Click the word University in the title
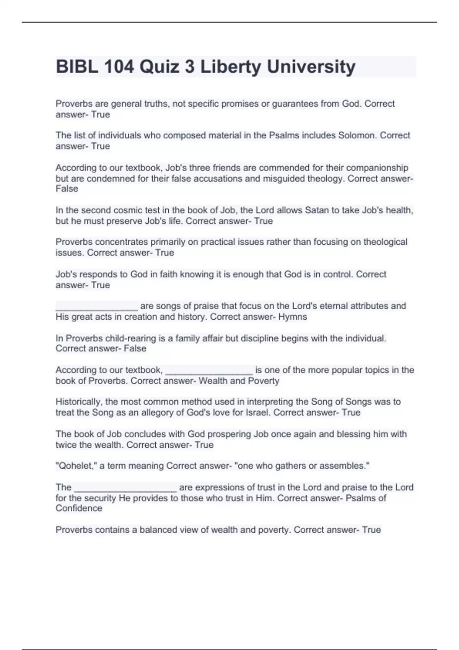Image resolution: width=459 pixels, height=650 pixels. (x=311, y=67)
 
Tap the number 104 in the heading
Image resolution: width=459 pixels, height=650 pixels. (x=119, y=67)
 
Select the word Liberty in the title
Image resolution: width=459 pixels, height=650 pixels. (x=230, y=67)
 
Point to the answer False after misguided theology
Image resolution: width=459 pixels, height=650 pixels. (x=67, y=189)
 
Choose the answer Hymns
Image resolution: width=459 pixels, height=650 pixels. (x=293, y=317)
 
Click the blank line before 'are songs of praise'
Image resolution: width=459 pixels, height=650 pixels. (x=96, y=306)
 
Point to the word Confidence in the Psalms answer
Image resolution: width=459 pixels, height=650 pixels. (x=79, y=509)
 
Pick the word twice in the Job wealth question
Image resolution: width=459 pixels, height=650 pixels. (x=66, y=445)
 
